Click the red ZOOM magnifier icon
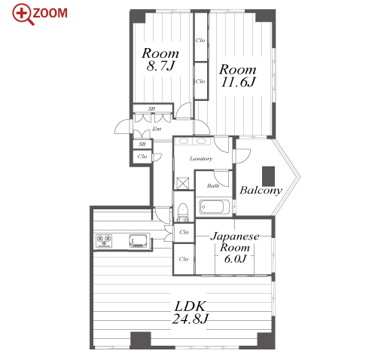tap(23, 14)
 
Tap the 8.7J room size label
tap(160, 66)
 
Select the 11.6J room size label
tap(238, 82)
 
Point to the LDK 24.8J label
tap(190, 313)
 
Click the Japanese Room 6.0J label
tap(235, 248)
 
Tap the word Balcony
tap(261, 191)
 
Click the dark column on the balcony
tap(268, 176)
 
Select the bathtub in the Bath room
tap(215, 207)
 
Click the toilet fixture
tap(183, 212)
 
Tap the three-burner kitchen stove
tap(104, 240)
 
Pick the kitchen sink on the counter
tap(138, 241)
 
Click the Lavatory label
tap(201, 159)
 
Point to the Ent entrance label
tap(157, 129)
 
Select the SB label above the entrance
tap(151, 108)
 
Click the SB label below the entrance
tap(142, 145)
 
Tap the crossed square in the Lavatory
tap(183, 183)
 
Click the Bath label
tap(213, 186)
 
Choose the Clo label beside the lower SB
tap(142, 157)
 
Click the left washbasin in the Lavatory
tap(184, 142)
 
